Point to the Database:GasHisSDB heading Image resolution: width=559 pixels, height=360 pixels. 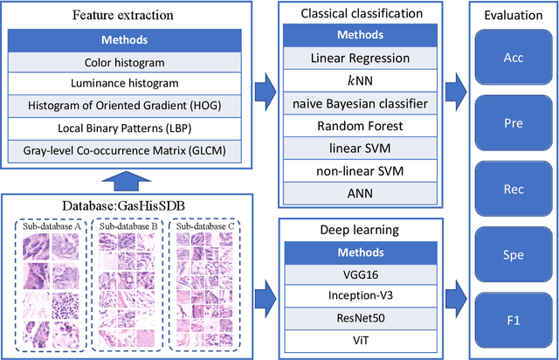[121, 206]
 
